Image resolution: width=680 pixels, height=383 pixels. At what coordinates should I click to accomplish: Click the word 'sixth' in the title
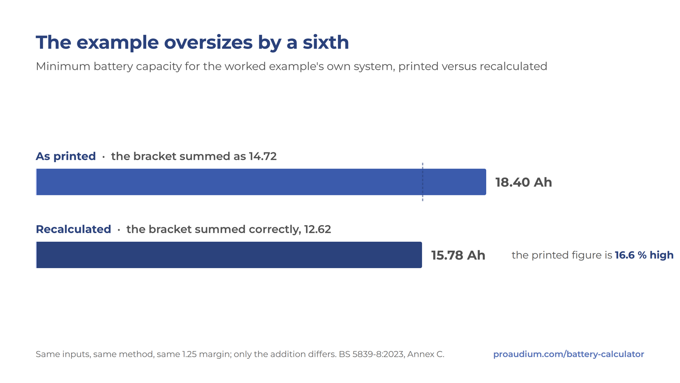click(326, 42)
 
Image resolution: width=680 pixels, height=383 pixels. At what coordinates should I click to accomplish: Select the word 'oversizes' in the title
click(208, 42)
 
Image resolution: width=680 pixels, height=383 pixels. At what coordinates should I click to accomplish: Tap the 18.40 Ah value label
click(524, 183)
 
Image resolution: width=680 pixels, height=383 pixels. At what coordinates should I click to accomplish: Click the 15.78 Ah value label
click(458, 255)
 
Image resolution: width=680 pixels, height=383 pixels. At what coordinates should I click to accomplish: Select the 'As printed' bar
click(261, 182)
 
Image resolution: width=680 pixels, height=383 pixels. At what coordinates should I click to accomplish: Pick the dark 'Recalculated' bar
click(229, 255)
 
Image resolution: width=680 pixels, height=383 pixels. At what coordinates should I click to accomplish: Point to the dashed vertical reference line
click(422, 182)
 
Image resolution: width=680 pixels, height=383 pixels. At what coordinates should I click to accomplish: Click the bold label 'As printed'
click(65, 156)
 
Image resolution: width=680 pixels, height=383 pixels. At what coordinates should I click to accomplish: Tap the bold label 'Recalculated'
click(74, 229)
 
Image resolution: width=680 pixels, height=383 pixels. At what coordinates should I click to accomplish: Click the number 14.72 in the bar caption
click(263, 156)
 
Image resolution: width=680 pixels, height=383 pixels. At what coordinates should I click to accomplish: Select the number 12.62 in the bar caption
click(317, 229)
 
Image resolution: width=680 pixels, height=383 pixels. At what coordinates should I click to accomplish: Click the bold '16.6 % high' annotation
click(644, 255)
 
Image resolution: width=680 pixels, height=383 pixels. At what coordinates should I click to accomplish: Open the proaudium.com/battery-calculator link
click(569, 354)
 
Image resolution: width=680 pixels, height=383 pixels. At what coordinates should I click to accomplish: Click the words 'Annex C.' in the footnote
click(425, 354)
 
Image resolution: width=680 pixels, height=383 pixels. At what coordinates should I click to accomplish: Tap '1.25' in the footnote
click(189, 354)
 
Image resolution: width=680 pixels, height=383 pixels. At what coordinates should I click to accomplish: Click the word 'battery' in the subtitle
click(113, 66)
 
